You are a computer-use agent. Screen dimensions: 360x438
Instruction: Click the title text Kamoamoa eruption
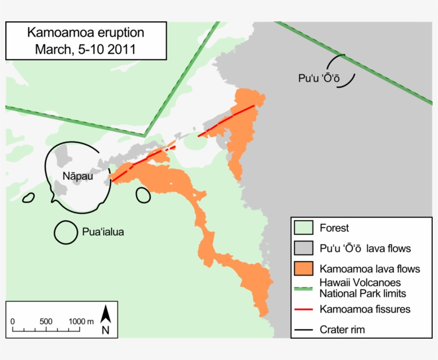tap(85, 33)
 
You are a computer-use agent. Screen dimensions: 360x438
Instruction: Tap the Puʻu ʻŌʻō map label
tap(319, 78)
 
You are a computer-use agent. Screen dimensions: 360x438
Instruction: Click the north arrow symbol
tap(106, 313)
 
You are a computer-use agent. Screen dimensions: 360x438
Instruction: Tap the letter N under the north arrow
tap(106, 330)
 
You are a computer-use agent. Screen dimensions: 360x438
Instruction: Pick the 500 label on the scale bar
tap(46, 321)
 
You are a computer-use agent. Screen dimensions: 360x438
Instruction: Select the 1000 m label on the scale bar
tap(81, 321)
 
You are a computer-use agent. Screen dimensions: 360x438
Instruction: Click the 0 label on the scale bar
tap(12, 321)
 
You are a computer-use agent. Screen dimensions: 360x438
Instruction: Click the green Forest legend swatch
tap(303, 228)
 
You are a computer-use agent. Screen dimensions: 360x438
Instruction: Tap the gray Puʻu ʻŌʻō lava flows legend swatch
tap(303, 248)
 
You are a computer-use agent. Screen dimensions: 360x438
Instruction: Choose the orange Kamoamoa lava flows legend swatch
tap(303, 269)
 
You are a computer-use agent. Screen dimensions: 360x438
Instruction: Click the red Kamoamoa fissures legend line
tap(303, 309)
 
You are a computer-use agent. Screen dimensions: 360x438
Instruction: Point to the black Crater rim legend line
tap(303, 330)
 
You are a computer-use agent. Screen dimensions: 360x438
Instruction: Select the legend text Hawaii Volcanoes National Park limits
tap(363, 288)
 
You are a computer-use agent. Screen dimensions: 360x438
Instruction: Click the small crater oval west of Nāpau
tap(28, 198)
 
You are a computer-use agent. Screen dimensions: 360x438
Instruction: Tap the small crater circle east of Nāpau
tap(143, 194)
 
